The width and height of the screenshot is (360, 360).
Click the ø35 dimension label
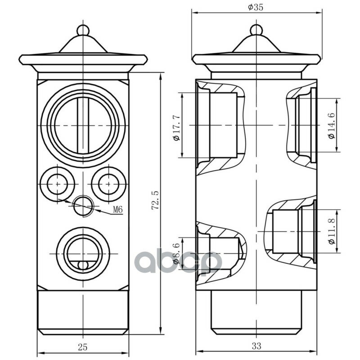pyautogui.click(x=255, y=7)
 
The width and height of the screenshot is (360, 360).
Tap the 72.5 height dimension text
pyautogui.click(x=156, y=200)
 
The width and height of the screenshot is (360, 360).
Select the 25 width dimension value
pyautogui.click(x=83, y=347)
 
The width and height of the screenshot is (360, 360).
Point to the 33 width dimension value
pyautogui.click(x=256, y=346)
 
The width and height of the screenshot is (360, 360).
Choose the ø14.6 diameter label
pyautogui.click(x=332, y=126)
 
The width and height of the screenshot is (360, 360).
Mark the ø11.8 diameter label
pyautogui.click(x=332, y=231)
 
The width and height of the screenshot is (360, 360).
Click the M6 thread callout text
pyautogui.click(x=118, y=209)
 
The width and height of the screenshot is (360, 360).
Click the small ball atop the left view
pyautogui.click(x=83, y=30)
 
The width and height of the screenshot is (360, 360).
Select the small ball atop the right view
pyautogui.click(x=256, y=30)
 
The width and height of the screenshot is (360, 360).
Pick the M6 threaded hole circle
pyautogui.click(x=83, y=206)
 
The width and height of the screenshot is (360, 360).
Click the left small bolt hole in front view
pyautogui.click(x=58, y=184)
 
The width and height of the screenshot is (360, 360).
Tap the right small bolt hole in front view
pyautogui.click(x=108, y=184)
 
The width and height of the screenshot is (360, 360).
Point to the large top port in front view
pyautogui.click(x=83, y=126)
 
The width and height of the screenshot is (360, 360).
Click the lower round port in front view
pyautogui.click(x=83, y=254)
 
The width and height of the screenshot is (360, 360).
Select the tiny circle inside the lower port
pyautogui.click(x=83, y=265)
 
